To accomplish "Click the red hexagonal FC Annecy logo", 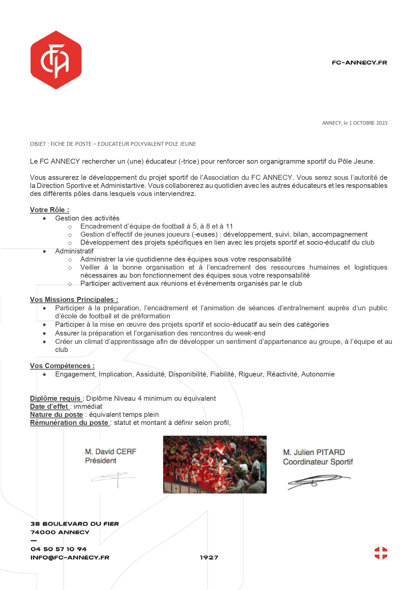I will coord(56,60).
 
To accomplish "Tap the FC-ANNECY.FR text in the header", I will coord(359,63).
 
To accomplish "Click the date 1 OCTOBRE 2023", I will coord(368,123).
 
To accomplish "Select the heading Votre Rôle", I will coord(49,210).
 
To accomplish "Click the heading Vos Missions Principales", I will coord(74,300).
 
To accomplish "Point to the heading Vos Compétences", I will coord(62,366).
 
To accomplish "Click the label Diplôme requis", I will coord(55,398).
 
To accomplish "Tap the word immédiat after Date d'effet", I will coord(88,406).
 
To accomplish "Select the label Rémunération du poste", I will coord(69,423).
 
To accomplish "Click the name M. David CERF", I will coord(111,451).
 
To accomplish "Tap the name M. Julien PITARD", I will coord(314,452).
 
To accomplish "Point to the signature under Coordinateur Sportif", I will coord(318,481).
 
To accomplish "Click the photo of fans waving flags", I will coord(215,465).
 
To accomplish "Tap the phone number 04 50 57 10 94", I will coord(59,549).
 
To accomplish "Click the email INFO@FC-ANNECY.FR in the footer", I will coord(70,557).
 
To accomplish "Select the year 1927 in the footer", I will coord(209,557).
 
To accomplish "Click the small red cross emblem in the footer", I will coord(381,553).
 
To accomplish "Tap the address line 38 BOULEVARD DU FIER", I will coord(75,524).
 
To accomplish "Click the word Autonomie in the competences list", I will coord(318,374).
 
